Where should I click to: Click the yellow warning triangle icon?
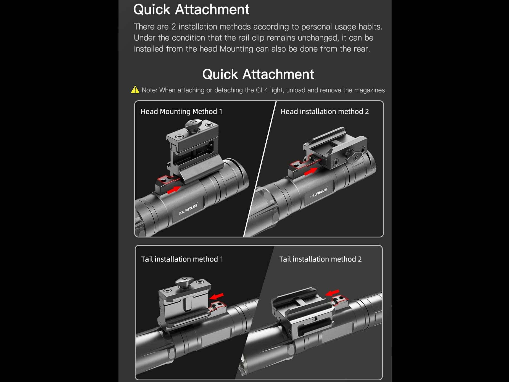click(x=135, y=90)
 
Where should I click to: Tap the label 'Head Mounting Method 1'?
click(x=181, y=111)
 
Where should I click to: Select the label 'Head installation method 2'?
click(x=325, y=111)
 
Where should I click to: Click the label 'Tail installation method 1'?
click(x=182, y=259)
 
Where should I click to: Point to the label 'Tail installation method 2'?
click(x=320, y=259)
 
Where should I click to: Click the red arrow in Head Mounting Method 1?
click(x=174, y=190)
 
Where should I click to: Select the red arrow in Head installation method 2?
click(x=311, y=171)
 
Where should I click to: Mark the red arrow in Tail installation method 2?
click(x=332, y=292)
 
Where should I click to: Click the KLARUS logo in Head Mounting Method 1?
click(x=188, y=209)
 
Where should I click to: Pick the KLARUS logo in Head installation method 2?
click(x=319, y=192)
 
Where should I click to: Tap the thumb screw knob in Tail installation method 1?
click(x=184, y=282)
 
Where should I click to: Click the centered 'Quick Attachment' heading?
click(x=258, y=74)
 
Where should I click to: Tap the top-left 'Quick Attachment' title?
click(x=191, y=9)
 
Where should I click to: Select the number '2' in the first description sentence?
click(x=173, y=27)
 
